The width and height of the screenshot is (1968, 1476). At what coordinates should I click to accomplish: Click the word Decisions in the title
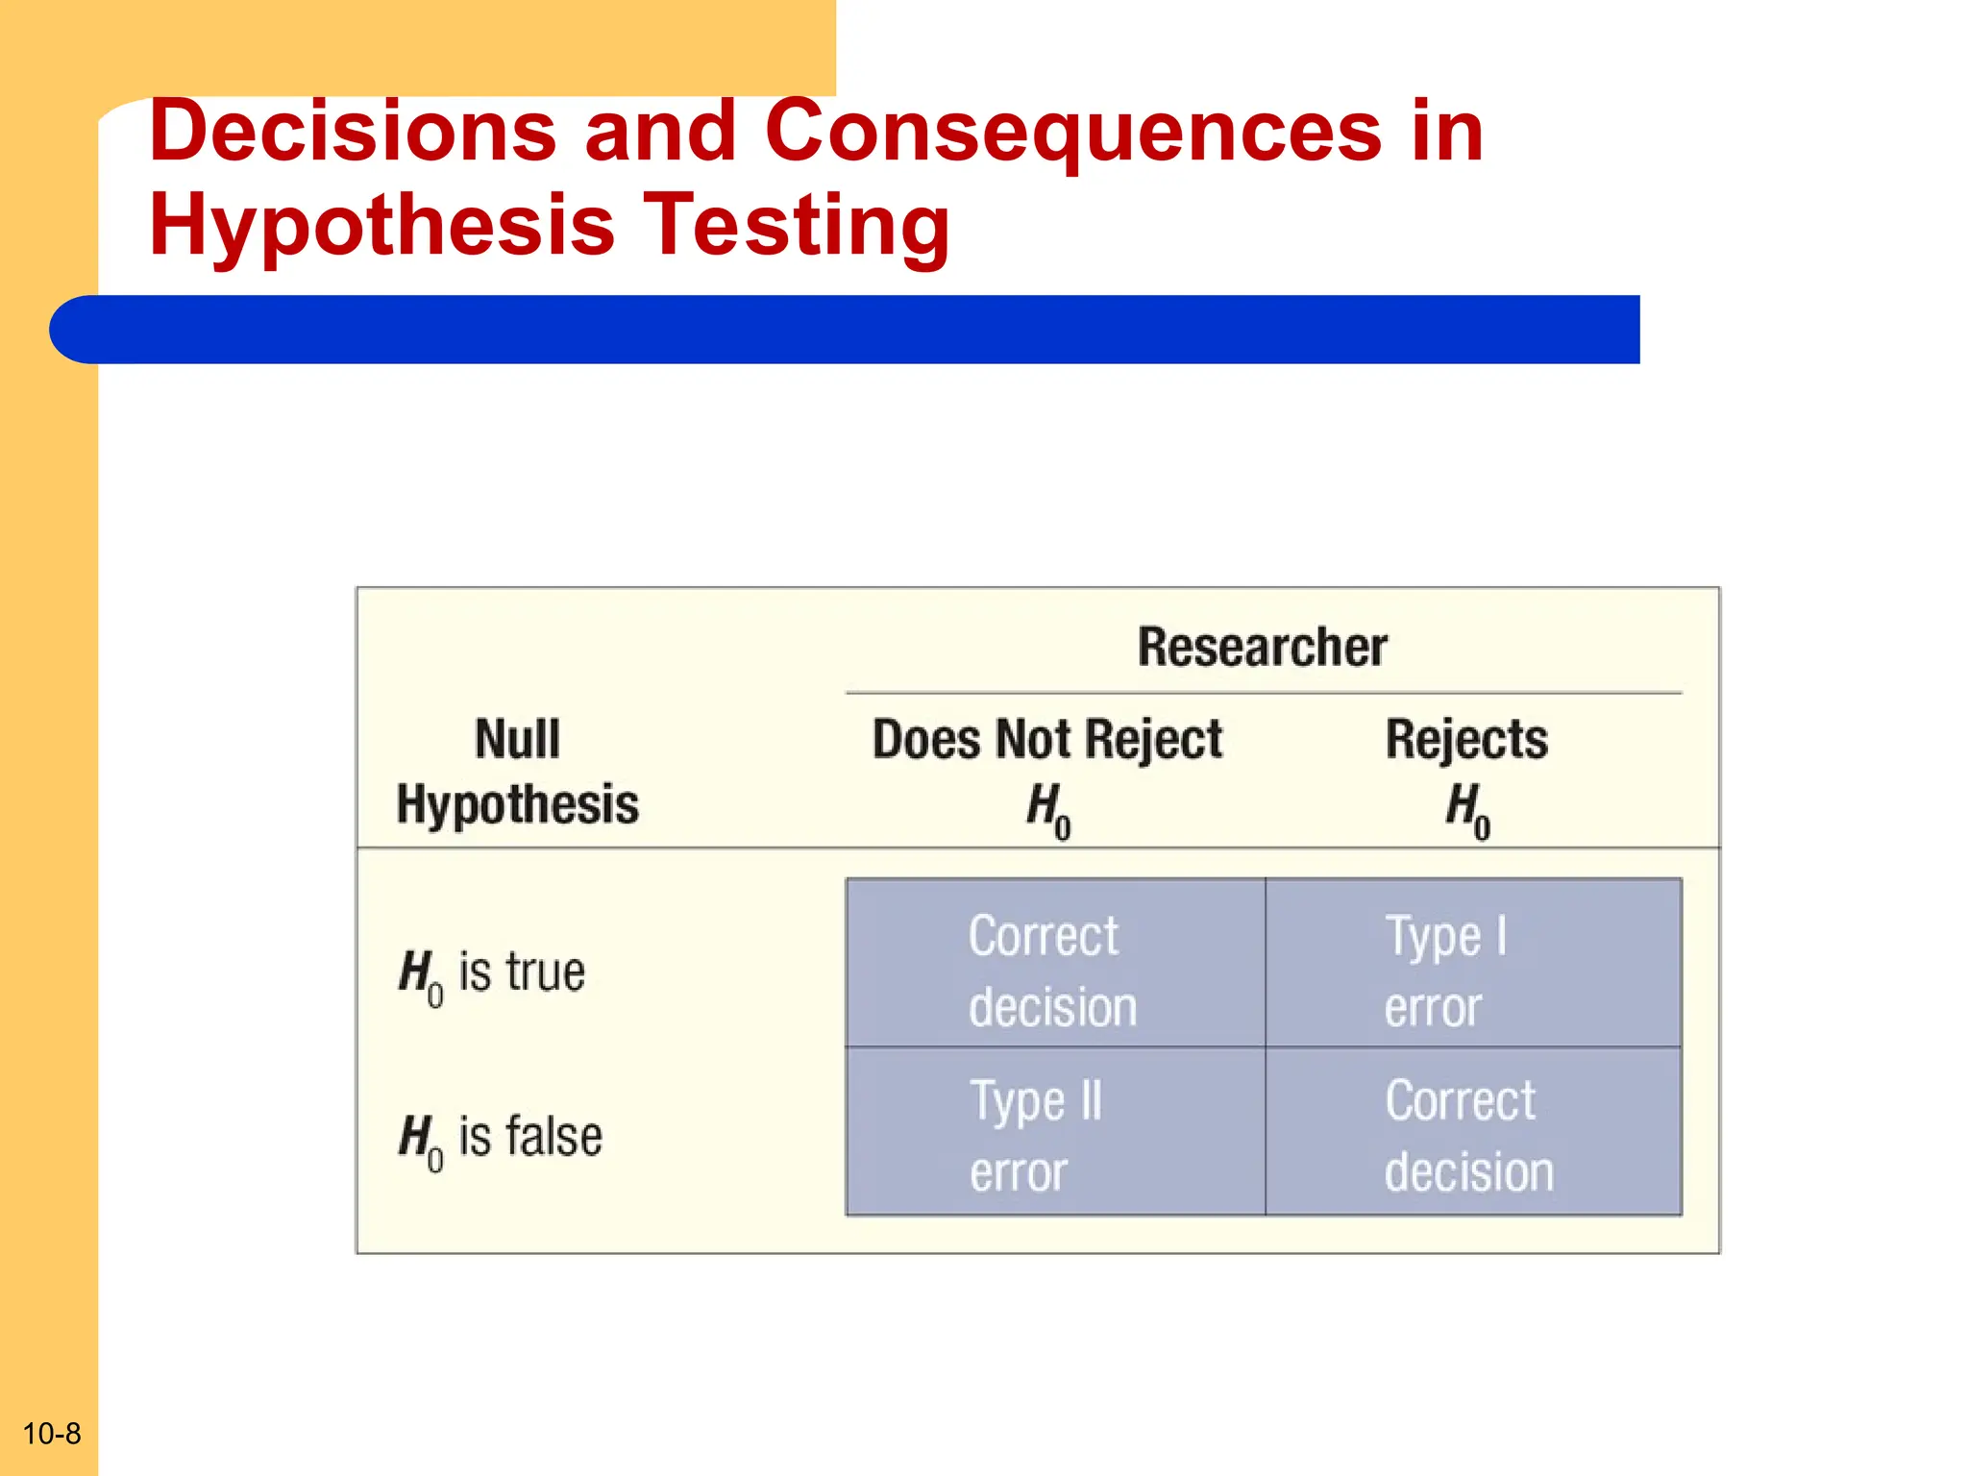click(352, 131)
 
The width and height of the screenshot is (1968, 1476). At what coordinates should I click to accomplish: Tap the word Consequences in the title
click(1072, 131)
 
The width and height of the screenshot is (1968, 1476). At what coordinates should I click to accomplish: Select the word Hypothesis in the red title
click(381, 225)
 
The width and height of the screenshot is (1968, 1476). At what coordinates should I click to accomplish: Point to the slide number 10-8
click(51, 1434)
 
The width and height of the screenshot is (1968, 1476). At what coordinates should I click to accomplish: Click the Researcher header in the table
click(1262, 647)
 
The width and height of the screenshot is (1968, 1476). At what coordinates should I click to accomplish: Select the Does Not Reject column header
click(1046, 740)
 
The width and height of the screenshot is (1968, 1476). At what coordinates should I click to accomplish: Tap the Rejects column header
click(1466, 740)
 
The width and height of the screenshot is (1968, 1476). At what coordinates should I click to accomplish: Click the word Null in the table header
click(517, 740)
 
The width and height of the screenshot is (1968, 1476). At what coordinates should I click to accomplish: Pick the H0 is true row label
click(491, 973)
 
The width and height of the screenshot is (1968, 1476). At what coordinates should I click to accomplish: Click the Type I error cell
click(1472, 964)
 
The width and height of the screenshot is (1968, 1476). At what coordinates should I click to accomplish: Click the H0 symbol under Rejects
click(1467, 810)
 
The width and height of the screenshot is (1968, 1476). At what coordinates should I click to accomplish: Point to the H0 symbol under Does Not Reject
click(1047, 810)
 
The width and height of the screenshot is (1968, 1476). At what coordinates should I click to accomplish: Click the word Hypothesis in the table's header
click(517, 805)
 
